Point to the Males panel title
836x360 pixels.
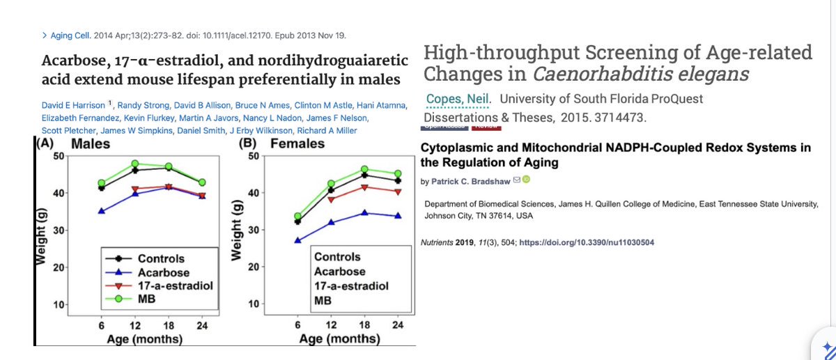(93, 144)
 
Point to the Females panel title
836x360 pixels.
(297, 143)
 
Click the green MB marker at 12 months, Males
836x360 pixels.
(136, 164)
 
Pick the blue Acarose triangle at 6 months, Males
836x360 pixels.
(102, 211)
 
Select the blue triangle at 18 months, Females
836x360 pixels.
(364, 213)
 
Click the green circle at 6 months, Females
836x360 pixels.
(298, 216)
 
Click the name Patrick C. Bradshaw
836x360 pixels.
(469, 181)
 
